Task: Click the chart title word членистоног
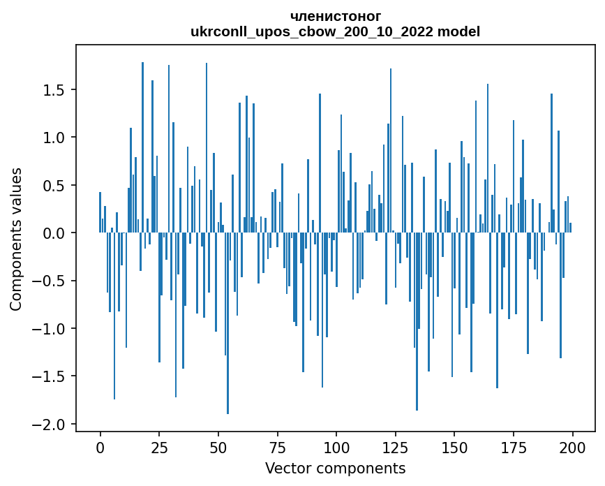pos(335,16)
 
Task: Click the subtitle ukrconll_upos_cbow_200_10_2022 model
pos(335,31)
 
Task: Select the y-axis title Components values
pos(16,239)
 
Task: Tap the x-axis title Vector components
pos(335,468)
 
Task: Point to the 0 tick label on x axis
pos(100,447)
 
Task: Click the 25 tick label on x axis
pos(159,447)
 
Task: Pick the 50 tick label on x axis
pos(218,447)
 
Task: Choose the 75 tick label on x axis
pos(277,447)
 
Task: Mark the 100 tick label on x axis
pos(336,447)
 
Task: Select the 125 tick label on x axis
pos(395,447)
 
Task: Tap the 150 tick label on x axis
pos(454,447)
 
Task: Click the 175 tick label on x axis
pos(513,447)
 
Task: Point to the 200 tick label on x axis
pos(572,447)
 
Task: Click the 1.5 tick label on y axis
pos(55,90)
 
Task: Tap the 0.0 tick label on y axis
pos(55,233)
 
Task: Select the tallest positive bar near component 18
pos(142,147)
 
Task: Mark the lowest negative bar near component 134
pos(417,321)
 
